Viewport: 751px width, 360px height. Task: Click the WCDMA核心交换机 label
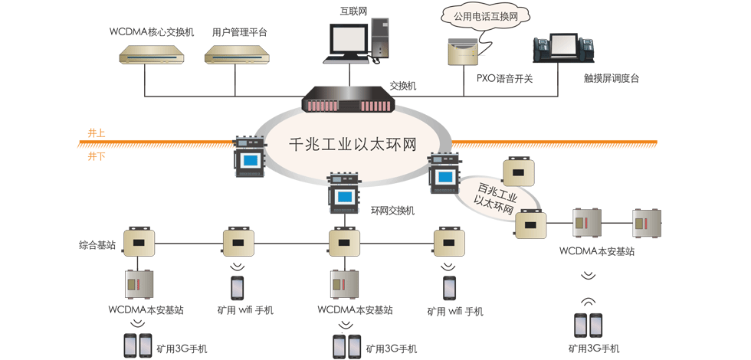tap(152, 32)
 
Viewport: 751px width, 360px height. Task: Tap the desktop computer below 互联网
tap(355, 42)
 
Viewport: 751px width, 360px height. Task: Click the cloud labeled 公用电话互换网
tap(480, 15)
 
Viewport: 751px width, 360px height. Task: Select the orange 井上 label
tap(97, 133)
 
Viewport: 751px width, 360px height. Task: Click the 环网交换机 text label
tap(392, 210)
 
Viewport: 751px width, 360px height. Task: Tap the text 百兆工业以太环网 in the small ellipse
tap(496, 197)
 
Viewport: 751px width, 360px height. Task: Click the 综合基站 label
tap(97, 245)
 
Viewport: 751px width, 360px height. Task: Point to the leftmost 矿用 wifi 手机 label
tap(244, 310)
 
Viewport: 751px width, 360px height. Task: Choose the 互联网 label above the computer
tap(353, 11)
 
